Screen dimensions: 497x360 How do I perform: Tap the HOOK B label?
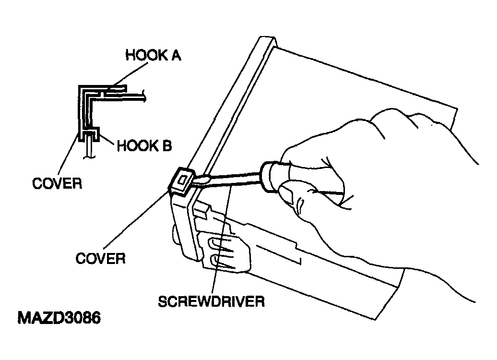[144, 146]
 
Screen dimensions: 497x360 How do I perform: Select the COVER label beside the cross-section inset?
[57, 183]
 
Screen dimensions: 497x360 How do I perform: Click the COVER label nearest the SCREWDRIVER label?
[100, 259]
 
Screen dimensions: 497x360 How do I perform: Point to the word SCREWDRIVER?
[211, 301]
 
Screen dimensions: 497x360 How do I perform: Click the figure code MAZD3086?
[59, 318]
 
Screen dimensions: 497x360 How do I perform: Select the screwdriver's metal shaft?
[235, 179]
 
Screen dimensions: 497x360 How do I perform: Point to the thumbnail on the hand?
[286, 193]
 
